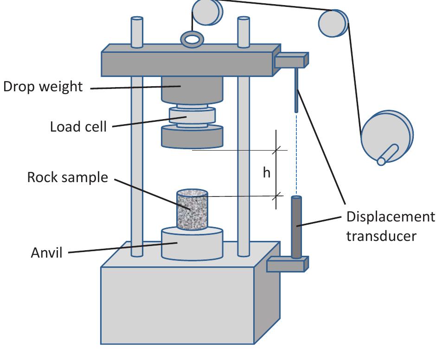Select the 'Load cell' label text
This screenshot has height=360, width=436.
78,126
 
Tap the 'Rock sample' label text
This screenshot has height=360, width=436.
67,177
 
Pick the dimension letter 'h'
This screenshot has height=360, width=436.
266,172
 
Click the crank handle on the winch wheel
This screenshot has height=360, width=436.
388,154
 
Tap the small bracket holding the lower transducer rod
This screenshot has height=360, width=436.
287,265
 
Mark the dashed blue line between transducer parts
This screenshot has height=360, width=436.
296,153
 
